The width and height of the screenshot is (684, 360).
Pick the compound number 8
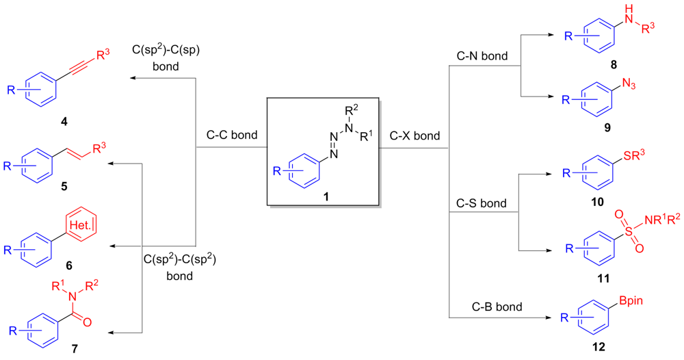614,64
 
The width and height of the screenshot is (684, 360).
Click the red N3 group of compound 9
630,84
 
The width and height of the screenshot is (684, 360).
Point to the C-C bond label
232,135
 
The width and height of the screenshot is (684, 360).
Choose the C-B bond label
487,307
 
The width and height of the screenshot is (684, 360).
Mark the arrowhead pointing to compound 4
133,79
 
